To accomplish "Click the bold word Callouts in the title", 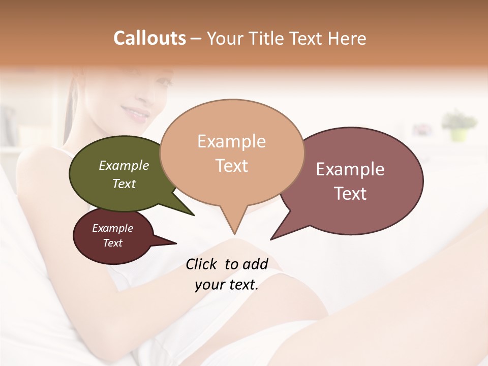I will (x=149, y=38).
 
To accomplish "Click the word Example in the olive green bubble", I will (x=124, y=165).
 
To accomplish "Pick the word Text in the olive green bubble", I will (x=124, y=184).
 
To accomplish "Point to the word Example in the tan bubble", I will (x=231, y=141).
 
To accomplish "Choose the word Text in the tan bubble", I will (x=232, y=166).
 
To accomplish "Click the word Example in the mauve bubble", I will (x=350, y=169).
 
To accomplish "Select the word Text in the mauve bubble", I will (x=350, y=194).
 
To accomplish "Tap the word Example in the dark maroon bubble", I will (x=113, y=228).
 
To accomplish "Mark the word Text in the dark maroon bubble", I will (x=113, y=243).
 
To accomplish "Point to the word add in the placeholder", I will (x=255, y=264).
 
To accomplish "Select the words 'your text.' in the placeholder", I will (x=226, y=285).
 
